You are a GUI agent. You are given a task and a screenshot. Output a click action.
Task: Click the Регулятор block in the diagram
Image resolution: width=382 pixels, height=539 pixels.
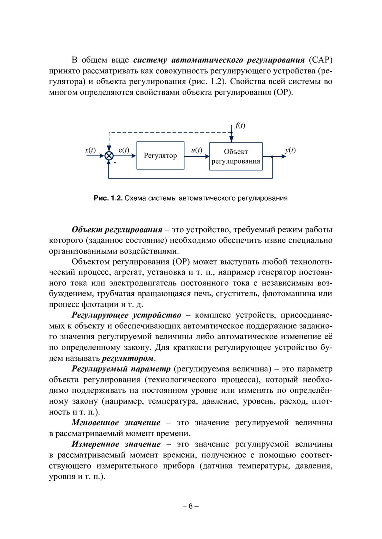tap(161, 156)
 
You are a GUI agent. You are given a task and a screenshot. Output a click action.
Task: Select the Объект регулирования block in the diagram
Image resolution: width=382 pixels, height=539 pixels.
tap(236, 156)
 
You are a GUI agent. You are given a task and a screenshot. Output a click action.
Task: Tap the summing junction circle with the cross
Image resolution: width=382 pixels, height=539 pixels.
tap(109, 156)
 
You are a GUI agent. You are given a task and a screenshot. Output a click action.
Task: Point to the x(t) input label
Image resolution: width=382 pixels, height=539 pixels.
tap(90, 150)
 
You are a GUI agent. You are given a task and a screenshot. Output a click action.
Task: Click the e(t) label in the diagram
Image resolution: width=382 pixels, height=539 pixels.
tap(124, 150)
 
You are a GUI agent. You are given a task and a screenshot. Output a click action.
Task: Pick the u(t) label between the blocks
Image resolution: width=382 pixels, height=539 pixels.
tap(197, 150)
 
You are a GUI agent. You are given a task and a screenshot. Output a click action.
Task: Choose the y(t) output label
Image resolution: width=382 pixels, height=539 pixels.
tap(290, 150)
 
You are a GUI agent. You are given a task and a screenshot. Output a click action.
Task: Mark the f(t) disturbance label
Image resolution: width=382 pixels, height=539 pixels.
tap(240, 125)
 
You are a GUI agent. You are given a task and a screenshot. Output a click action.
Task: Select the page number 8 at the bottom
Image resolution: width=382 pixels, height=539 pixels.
tap(191, 506)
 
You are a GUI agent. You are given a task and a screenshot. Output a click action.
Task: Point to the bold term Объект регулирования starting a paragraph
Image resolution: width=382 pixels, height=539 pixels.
tap(117, 230)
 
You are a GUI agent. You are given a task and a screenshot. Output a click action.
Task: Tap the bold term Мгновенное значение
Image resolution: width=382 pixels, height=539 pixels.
tap(116, 423)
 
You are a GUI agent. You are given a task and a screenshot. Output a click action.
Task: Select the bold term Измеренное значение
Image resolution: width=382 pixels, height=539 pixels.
tap(116, 444)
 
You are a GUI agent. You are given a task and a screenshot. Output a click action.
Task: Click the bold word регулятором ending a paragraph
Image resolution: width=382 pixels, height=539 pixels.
tap(129, 358)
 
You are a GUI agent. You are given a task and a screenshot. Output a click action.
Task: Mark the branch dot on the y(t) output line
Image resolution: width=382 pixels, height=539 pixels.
tap(272, 156)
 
